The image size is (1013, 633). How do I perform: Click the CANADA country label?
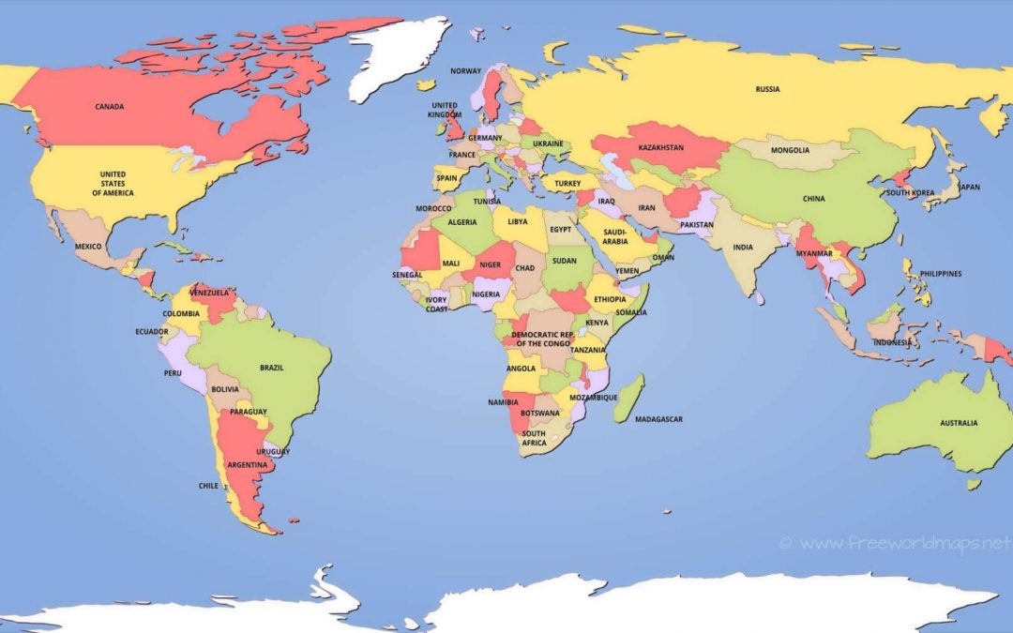point(110,107)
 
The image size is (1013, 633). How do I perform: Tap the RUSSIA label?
point(767,90)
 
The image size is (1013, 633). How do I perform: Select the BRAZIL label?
point(272,368)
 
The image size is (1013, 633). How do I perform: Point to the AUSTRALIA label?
point(959,423)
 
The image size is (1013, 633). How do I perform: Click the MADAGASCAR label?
point(659,419)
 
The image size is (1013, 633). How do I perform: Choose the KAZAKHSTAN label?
point(661,148)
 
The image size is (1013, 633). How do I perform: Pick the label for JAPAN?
point(969,187)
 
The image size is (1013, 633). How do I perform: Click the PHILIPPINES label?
point(941,274)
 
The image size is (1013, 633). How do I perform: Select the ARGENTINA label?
point(247,465)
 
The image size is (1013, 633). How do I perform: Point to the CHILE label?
point(208,486)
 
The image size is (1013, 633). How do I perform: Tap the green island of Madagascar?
point(629,398)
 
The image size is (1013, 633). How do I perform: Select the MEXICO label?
point(88,247)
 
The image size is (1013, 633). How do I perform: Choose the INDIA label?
point(743,248)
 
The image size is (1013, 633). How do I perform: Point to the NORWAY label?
point(465,71)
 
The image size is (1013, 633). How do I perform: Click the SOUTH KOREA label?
point(910,192)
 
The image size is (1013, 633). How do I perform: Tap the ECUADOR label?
point(151,332)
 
